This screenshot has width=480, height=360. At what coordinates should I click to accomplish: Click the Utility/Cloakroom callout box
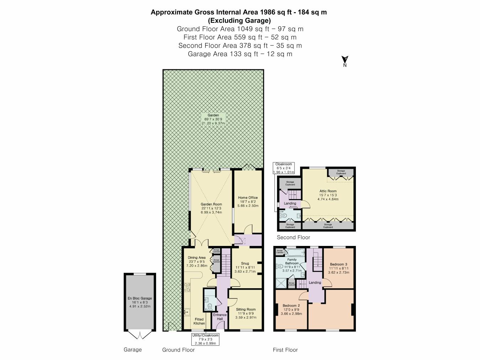(x=205, y=339)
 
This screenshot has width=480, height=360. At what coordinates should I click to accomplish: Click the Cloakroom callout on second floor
(x=283, y=168)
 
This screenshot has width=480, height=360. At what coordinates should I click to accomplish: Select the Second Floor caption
(x=293, y=237)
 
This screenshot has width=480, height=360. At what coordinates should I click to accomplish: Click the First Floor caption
(x=285, y=350)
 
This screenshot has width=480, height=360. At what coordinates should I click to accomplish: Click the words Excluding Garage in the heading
(x=239, y=20)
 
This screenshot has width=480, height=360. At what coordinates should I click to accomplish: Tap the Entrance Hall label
(x=220, y=317)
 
